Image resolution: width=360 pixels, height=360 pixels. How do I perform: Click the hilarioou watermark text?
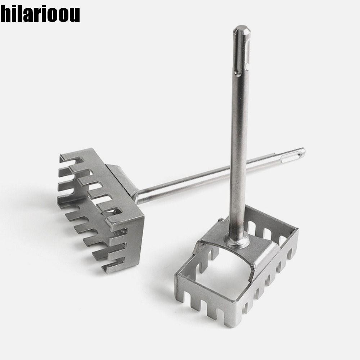coord(40,14)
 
